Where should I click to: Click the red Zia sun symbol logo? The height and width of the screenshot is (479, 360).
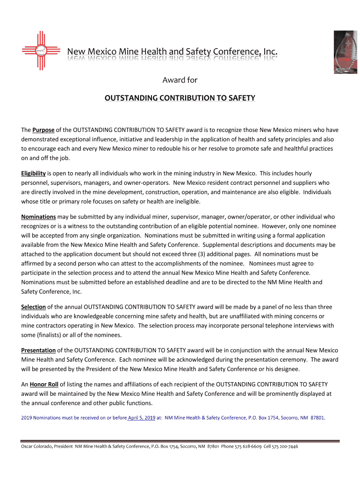[41, 51]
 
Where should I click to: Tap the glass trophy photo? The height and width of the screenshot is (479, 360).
[345, 52]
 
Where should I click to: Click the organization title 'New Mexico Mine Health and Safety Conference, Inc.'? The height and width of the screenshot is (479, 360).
[173, 51]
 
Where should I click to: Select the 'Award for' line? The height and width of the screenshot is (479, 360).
[180, 80]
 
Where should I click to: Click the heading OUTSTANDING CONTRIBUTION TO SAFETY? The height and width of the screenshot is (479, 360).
[180, 98]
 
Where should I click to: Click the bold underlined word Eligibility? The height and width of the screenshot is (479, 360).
[33, 173]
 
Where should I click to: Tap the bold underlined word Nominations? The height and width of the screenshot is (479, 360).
[39, 217]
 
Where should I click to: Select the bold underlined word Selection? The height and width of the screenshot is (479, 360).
[33, 307]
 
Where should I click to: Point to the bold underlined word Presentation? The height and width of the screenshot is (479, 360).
[39, 350]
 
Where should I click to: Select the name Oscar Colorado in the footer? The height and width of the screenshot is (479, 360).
[36, 446]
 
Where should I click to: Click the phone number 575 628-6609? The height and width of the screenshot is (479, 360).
[245, 446]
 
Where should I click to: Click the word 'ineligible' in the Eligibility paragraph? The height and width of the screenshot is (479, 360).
[187, 201]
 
